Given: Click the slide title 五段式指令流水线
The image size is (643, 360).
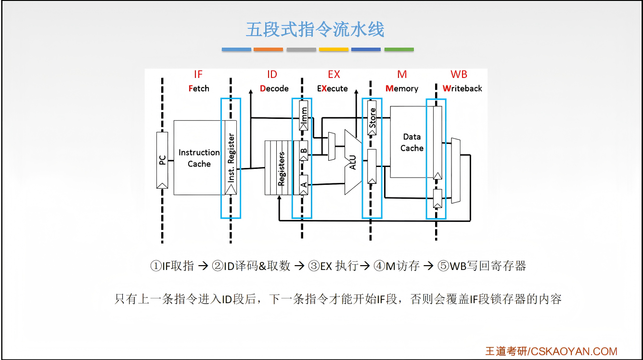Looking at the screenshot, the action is pyautogui.click(x=315, y=29).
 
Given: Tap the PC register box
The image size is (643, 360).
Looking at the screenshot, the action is pyautogui.click(x=162, y=160).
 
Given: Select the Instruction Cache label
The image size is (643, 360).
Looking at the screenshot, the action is pyautogui.click(x=199, y=158).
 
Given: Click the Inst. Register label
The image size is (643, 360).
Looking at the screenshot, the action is pyautogui.click(x=231, y=157).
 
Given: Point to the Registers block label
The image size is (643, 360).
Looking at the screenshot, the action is pyautogui.click(x=281, y=168).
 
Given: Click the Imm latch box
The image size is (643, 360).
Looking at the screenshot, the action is pyautogui.click(x=303, y=116).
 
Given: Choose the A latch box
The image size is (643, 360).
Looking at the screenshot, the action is pyautogui.click(x=303, y=185).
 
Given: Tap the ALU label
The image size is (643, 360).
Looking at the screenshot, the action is pyautogui.click(x=353, y=163).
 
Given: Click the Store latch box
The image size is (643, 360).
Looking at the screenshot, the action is pyautogui.click(x=372, y=118).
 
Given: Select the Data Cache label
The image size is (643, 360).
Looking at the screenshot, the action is pyautogui.click(x=412, y=142).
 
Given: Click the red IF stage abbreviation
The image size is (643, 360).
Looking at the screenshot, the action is pyautogui.click(x=198, y=74).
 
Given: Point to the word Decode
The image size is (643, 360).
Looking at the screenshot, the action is pyautogui.click(x=274, y=89).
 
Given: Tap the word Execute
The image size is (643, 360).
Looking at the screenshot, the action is pyautogui.click(x=333, y=89).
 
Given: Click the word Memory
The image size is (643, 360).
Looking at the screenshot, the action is pyautogui.click(x=402, y=89).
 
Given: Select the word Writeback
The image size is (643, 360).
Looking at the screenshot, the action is pyautogui.click(x=462, y=89).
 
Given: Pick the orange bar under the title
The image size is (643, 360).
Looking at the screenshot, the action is pyautogui.click(x=268, y=50).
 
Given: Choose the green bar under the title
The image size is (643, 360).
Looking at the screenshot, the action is pyautogui.click(x=399, y=50).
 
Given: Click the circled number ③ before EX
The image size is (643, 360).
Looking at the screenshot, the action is pyautogui.click(x=314, y=266).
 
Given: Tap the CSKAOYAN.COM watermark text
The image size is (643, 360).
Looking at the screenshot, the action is pyautogui.click(x=574, y=351).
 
